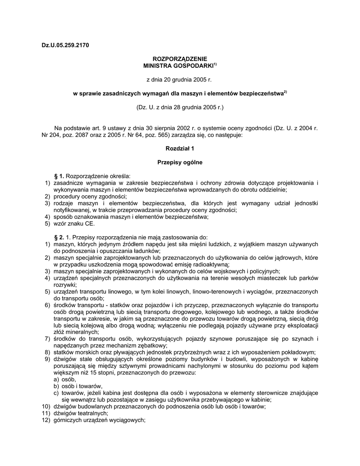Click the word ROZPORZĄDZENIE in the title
coord(180,59)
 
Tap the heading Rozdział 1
coord(180,148)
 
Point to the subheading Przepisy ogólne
coord(180,162)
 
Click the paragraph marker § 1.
coord(59,176)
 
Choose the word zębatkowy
coord(130,346)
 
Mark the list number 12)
coord(46,420)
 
